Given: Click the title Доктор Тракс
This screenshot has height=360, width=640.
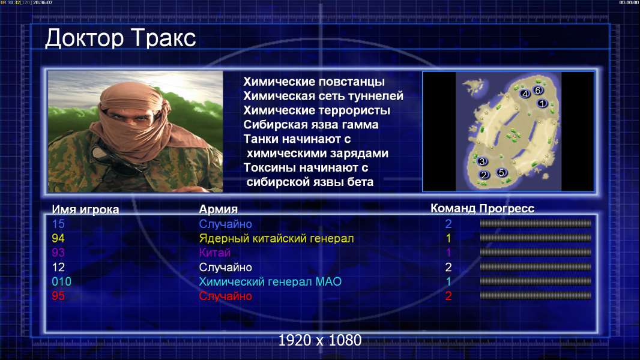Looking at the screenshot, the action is click(x=121, y=38).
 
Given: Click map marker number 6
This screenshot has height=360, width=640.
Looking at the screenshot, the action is click(x=537, y=90).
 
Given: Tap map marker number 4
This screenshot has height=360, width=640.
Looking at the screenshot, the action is click(x=525, y=94).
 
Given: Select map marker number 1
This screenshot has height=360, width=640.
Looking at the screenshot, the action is click(x=542, y=104).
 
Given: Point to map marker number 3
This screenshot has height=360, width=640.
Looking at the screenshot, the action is click(x=482, y=161).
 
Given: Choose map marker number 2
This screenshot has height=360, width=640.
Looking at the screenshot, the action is click(x=484, y=175).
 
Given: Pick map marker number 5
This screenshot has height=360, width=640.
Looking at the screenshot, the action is click(x=501, y=172).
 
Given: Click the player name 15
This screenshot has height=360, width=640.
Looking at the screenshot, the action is click(x=58, y=224).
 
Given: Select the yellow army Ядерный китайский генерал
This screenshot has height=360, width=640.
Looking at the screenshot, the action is click(x=276, y=239).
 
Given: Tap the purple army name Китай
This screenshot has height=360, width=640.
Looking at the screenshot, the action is click(x=215, y=253).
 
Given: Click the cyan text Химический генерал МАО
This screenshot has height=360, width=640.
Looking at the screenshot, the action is click(x=270, y=282).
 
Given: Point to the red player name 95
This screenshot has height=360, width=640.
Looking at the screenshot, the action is click(x=58, y=296).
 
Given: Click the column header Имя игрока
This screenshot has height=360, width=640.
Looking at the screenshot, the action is click(x=85, y=209).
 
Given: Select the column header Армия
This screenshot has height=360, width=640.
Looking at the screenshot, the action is click(x=218, y=209).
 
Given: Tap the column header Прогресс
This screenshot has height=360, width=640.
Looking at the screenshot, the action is click(x=507, y=209).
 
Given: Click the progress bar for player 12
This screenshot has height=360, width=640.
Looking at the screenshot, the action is click(x=536, y=267).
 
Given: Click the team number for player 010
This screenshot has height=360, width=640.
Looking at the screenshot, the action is click(x=448, y=282).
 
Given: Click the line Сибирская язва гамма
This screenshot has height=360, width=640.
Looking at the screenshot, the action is click(x=311, y=125).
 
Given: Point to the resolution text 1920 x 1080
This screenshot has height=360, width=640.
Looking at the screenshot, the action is click(x=320, y=340).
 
